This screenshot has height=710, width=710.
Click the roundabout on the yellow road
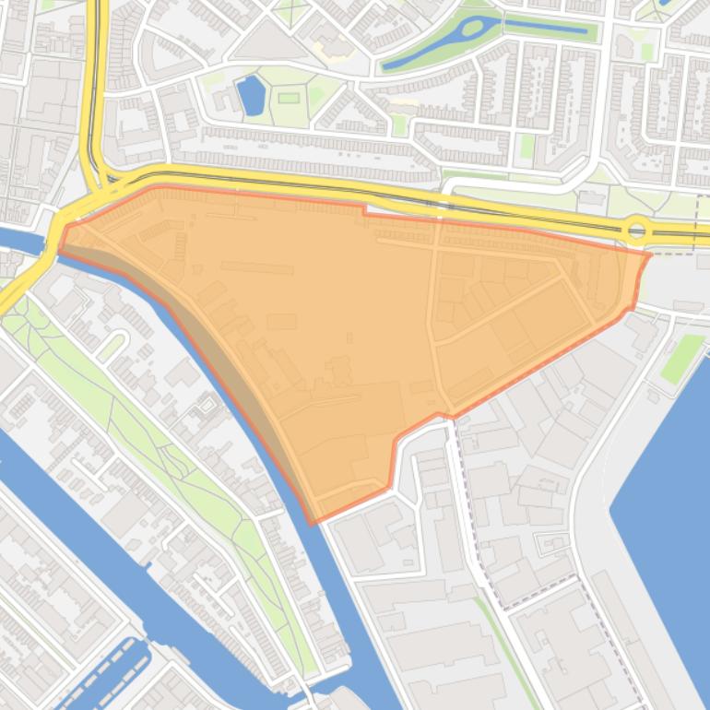635,230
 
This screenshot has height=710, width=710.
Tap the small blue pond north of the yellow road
250,96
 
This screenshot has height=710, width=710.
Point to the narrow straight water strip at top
545,27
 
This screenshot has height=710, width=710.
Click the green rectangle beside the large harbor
682,358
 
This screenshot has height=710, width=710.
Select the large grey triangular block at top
268,41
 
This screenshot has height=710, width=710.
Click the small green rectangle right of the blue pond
289,97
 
